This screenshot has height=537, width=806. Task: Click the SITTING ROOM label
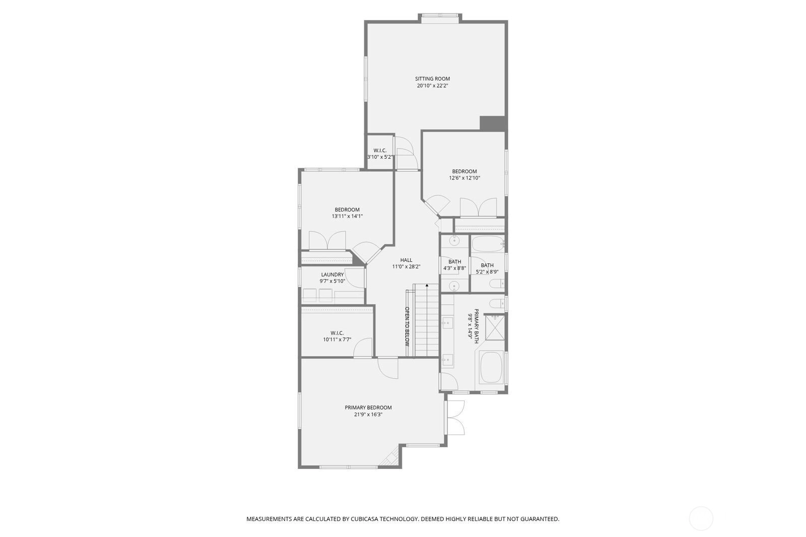433,79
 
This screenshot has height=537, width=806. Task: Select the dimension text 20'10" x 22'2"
433,86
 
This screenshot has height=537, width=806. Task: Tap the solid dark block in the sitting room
493,123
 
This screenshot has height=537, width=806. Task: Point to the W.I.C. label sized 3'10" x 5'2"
380,151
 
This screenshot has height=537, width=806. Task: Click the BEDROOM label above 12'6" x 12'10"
464,171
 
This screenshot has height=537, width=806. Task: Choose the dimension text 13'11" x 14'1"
347,216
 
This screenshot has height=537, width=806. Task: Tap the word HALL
406,260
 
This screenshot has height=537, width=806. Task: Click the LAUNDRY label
332,275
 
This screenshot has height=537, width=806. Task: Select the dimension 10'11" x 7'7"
337,340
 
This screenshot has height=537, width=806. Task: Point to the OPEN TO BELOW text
408,326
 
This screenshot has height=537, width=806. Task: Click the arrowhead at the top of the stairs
427,285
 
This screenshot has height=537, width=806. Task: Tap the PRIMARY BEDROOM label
368,408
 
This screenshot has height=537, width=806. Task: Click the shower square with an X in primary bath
495,327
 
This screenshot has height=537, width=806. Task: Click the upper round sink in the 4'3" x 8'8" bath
454,241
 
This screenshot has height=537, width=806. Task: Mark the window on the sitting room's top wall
440,16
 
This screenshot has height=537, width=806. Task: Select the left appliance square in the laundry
309,296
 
